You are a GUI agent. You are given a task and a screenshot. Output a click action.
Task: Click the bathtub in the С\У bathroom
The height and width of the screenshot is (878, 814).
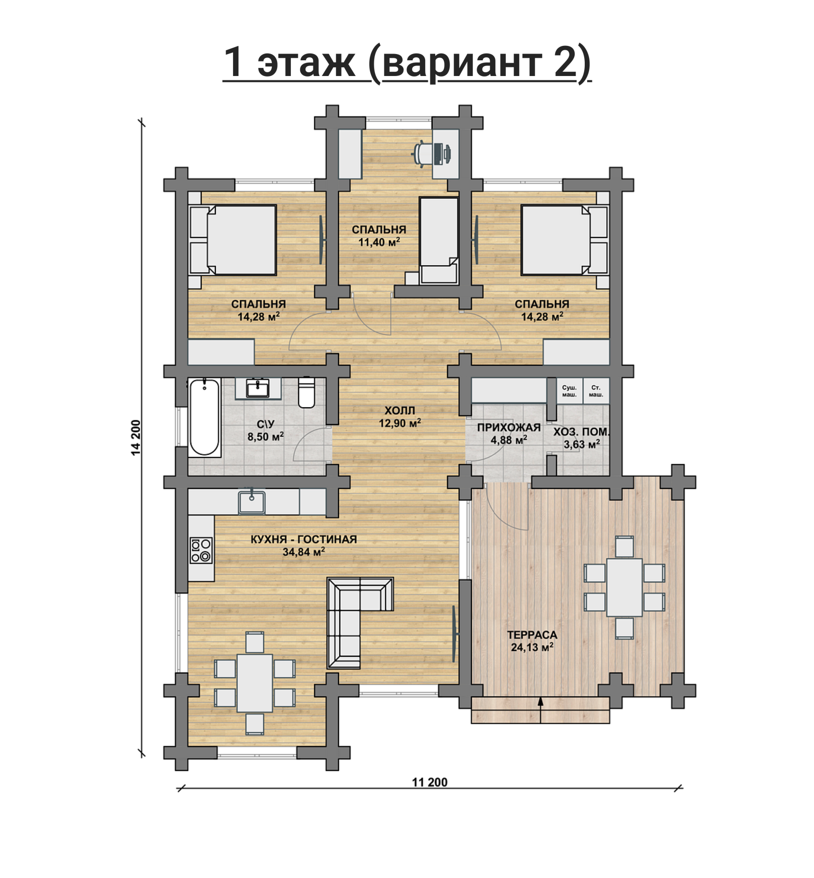pos(205,417)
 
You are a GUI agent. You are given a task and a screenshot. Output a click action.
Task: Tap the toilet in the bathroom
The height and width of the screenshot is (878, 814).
pos(306,392)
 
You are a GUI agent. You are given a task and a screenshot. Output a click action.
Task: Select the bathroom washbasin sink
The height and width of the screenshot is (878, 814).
pos(258,388)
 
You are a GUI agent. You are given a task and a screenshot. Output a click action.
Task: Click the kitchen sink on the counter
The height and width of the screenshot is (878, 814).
pos(252,502)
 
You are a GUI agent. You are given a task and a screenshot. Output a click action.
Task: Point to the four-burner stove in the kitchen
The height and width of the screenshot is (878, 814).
pos(201,550)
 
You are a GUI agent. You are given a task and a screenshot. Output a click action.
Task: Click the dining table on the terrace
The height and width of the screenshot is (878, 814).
pos(624,587)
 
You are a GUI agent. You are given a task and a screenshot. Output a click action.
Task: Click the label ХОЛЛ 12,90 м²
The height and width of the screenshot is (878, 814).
pos(400,416)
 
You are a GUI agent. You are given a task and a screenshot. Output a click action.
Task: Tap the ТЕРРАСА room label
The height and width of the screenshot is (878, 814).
pos(532,635)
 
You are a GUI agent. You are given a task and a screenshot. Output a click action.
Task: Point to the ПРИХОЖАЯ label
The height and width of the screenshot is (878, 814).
pos(509,428)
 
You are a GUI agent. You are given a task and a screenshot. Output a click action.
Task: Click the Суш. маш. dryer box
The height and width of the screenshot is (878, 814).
pos(569,391)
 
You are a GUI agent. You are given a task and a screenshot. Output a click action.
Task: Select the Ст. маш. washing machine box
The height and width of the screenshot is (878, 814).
pos(596,391)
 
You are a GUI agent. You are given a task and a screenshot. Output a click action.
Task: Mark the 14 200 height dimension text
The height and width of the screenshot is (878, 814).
pos(136,437)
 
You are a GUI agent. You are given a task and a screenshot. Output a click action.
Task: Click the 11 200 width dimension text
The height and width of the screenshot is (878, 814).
pos(430,782)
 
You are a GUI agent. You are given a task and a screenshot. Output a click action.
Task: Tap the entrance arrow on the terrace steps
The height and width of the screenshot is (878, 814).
pos(541,710)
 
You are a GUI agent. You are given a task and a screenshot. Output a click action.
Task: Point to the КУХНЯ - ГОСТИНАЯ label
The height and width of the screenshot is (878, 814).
pos(304,540)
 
